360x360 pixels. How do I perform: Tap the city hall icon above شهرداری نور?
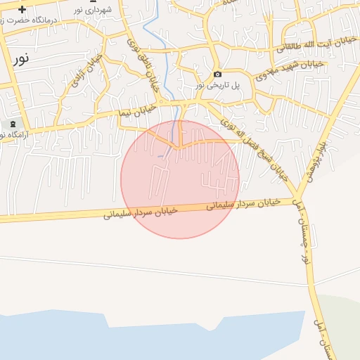click(x=92, y=1)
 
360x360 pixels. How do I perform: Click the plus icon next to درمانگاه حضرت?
click(x=22, y=10)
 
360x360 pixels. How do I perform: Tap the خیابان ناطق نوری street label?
click(x=143, y=67)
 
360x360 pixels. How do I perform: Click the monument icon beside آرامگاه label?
click(x=13, y=124)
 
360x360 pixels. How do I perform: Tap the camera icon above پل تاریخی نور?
click(x=217, y=75)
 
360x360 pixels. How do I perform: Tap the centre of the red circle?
click(x=180, y=179)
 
